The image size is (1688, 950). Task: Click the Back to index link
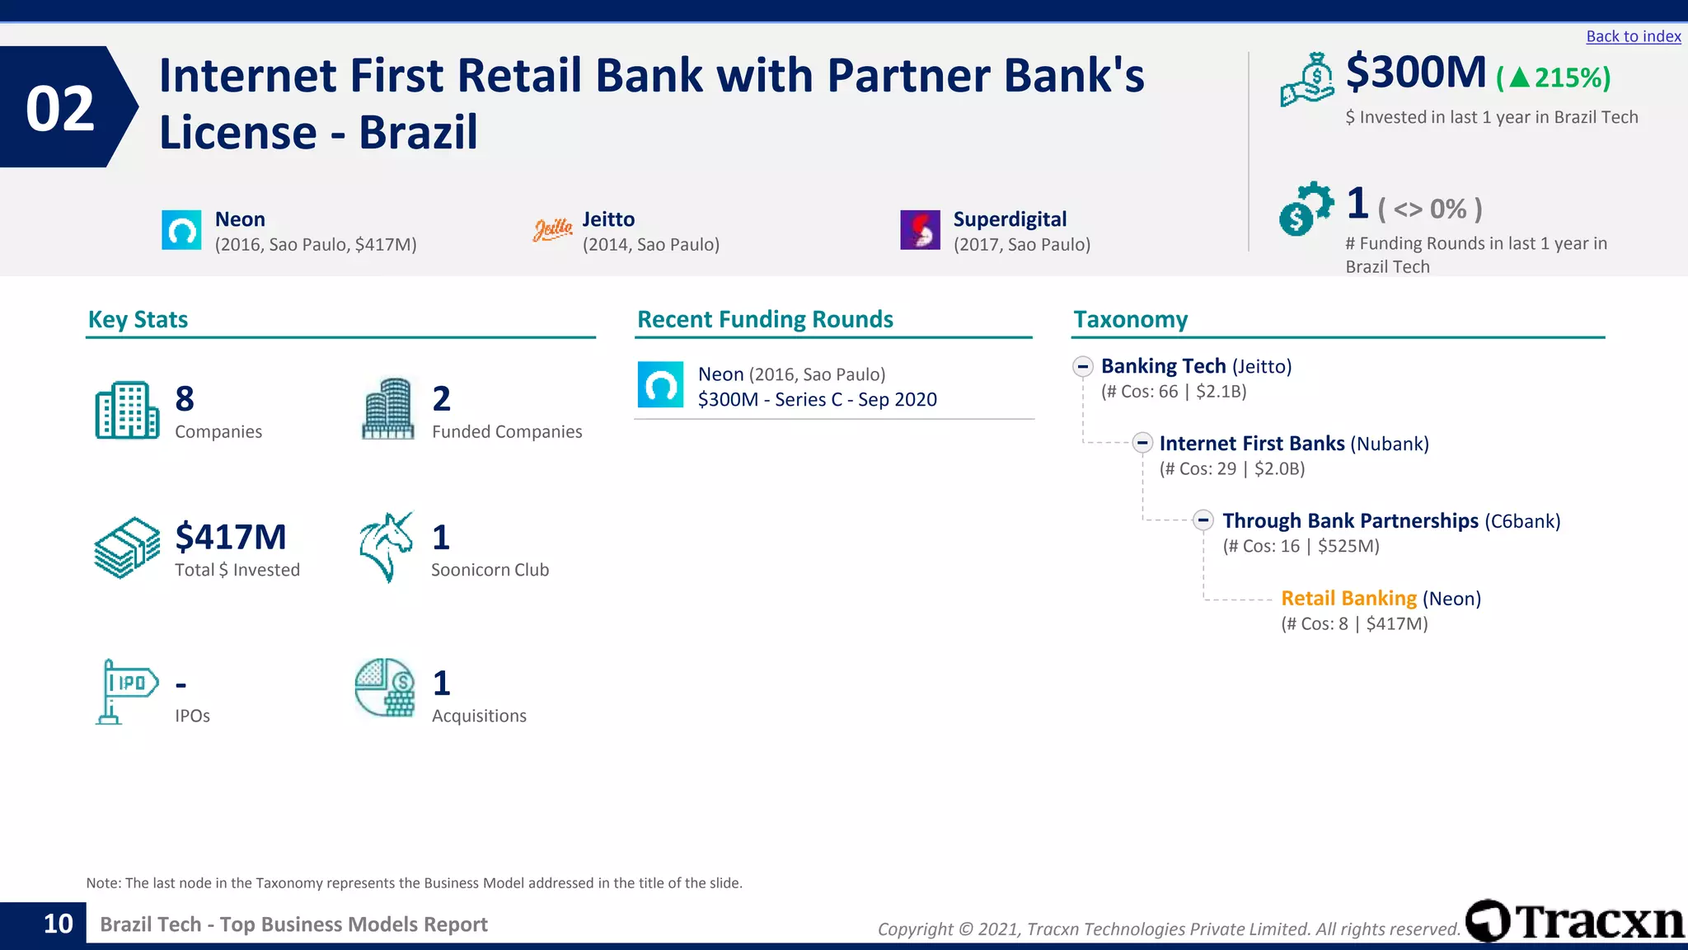[x=1633, y=36]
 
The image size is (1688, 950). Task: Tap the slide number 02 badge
[x=60, y=108]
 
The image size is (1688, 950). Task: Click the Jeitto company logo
[x=552, y=230]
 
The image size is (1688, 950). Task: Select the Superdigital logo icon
[x=920, y=230]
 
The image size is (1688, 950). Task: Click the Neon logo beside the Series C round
[x=660, y=385]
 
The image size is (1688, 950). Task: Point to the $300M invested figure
[x=1416, y=73]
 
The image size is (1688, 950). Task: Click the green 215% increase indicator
[x=1554, y=78]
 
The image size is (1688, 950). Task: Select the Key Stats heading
[x=138, y=320]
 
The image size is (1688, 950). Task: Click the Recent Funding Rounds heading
[x=765, y=320]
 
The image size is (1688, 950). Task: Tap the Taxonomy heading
[x=1130, y=320]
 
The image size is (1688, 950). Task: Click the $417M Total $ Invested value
[x=231, y=538]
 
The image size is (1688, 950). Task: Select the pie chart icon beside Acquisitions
[x=385, y=688]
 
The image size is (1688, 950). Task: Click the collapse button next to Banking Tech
[x=1083, y=366]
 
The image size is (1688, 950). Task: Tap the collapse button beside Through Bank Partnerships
[x=1203, y=520]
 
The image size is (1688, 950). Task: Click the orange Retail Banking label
[x=1348, y=599]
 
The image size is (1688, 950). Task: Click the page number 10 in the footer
[x=58, y=924]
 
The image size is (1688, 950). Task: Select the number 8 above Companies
[x=185, y=399]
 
